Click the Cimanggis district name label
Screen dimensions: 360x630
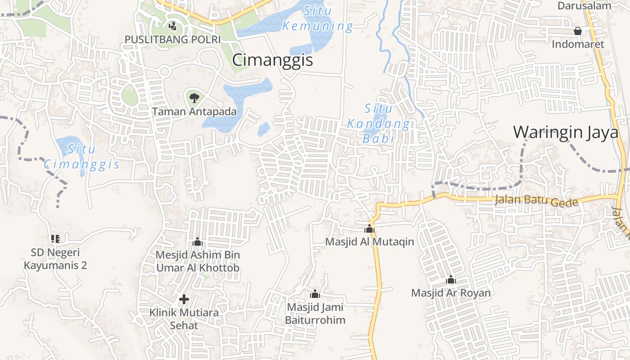point(272,60)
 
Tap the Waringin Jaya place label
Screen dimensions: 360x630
point(566,132)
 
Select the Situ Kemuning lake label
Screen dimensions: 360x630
point(317,19)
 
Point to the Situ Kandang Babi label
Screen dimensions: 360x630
point(378,124)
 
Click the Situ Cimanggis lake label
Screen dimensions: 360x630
point(82,157)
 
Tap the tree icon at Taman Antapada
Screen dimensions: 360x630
point(194,98)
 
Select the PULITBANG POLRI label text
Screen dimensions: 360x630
point(172,39)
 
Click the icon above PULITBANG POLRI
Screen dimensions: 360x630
point(172,26)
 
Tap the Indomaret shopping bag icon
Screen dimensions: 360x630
point(577,31)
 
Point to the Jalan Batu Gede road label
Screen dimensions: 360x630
point(536,200)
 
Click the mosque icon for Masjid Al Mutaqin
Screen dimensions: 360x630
point(369,229)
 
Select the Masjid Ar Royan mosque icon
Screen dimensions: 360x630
point(451,280)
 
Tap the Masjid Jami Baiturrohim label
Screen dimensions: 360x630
point(315,314)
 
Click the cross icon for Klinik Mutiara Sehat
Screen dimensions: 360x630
point(184,299)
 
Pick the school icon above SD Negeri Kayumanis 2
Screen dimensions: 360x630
point(55,239)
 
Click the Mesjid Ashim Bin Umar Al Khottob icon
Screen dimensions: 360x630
point(198,242)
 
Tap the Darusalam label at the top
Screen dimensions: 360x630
point(584,6)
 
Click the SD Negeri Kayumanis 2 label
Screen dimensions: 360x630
point(55,259)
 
